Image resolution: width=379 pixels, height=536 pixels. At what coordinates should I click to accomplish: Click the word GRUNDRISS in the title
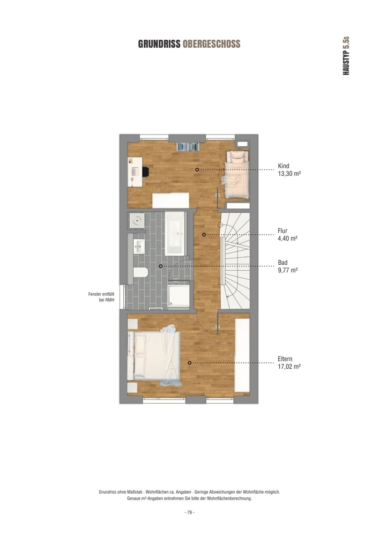159,44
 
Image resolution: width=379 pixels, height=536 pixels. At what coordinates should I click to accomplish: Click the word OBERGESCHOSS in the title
212,44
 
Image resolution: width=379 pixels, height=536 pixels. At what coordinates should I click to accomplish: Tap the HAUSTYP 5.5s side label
346,56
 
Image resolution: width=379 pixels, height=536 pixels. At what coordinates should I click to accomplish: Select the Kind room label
283,166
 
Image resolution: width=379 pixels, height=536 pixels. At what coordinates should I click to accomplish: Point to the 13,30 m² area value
289,174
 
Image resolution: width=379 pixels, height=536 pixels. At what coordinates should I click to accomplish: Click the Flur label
283,231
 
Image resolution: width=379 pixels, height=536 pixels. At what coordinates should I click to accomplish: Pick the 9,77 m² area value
288,270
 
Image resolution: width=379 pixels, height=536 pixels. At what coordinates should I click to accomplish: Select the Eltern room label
285,359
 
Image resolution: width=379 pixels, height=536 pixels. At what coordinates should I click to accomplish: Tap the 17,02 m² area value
289,367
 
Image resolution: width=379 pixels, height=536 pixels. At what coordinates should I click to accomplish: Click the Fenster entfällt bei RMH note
101,297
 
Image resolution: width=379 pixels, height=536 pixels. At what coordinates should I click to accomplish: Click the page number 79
189,512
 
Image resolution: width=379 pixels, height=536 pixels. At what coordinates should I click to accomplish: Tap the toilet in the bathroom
140,272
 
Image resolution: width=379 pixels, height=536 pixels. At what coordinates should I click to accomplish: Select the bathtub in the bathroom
175,234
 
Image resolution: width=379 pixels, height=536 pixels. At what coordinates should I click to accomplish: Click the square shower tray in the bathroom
179,296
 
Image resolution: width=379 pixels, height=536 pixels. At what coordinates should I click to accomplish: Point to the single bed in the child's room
236,174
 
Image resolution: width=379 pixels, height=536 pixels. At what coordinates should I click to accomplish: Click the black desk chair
146,172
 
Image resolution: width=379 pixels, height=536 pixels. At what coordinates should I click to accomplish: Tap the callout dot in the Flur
204,235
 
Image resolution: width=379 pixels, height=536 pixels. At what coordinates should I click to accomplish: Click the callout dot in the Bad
161,266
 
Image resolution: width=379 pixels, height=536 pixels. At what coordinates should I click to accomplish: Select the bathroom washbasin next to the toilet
139,246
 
